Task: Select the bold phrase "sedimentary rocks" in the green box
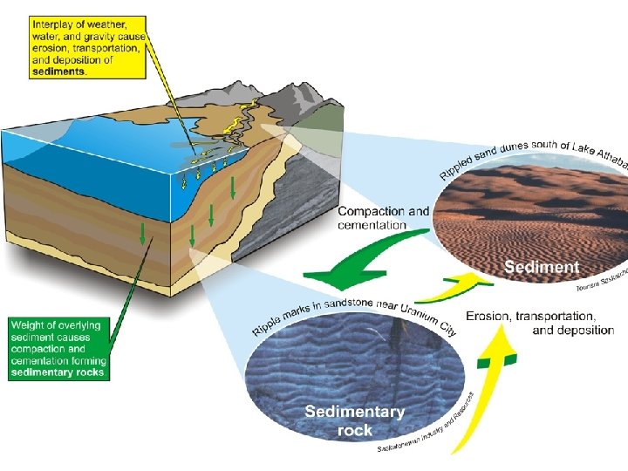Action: pyautogui.click(x=58, y=372)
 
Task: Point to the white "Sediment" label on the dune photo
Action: pyautogui.click(x=542, y=267)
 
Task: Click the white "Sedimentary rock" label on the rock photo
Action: pyautogui.click(x=354, y=420)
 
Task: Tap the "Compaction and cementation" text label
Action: pyautogui.click(x=384, y=217)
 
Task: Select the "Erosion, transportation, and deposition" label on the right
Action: pyautogui.click(x=540, y=322)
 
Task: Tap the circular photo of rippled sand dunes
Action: pyautogui.click(x=523, y=218)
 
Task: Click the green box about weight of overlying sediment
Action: pyautogui.click(x=58, y=348)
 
